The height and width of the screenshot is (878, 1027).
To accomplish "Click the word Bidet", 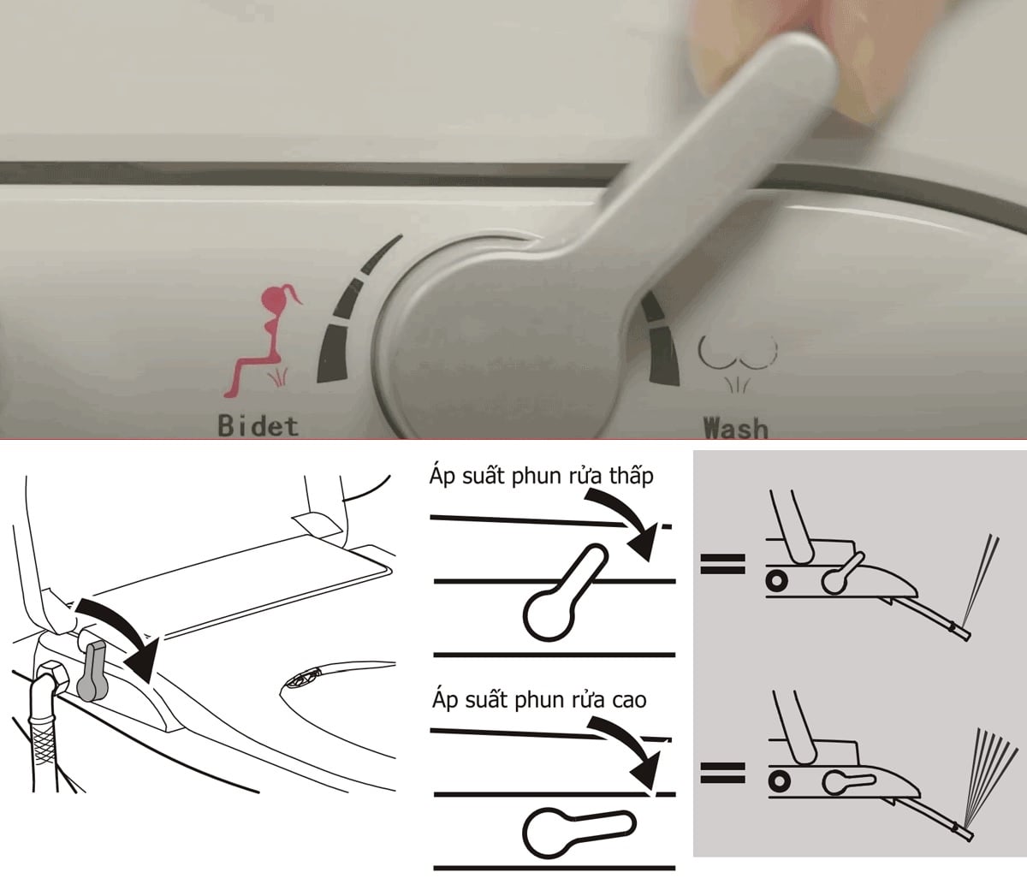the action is point(258,426).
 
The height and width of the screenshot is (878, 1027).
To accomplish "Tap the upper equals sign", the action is point(723,563).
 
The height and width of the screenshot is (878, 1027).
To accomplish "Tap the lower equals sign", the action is point(723,772).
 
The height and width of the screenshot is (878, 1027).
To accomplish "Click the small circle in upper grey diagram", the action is point(779,580).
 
